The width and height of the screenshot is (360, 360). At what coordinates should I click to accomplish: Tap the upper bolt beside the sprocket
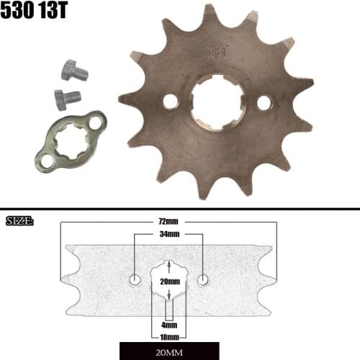72,72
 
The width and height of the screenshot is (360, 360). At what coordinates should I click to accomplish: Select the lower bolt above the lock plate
67,97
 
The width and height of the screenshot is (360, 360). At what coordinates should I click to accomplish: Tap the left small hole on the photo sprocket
171,102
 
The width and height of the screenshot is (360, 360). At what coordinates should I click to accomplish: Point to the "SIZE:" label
19,220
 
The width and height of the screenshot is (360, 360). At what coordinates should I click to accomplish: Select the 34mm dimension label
170,235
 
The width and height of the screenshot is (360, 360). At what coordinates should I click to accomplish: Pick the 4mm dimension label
170,325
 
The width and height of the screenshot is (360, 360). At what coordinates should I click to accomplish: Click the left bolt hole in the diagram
135,279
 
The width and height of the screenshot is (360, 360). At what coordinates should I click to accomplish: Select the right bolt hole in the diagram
204,279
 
